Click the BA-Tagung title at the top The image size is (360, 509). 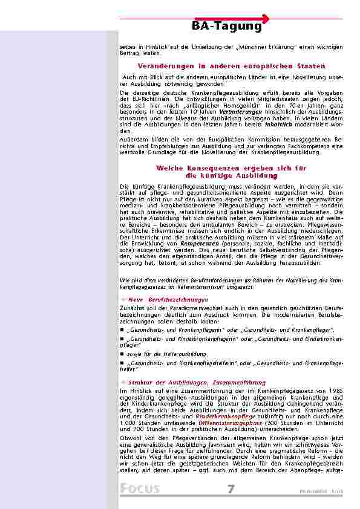pyautogui.click(x=227, y=27)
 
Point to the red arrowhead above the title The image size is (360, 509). pyautogui.click(x=266, y=18)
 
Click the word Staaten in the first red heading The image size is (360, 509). pyautogui.click(x=309, y=66)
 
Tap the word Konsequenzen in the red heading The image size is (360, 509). pyautogui.click(x=209, y=167)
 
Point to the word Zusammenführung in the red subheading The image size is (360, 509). pyautogui.click(x=239, y=383)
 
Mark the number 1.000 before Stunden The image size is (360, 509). pyautogui.click(x=129, y=423)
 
